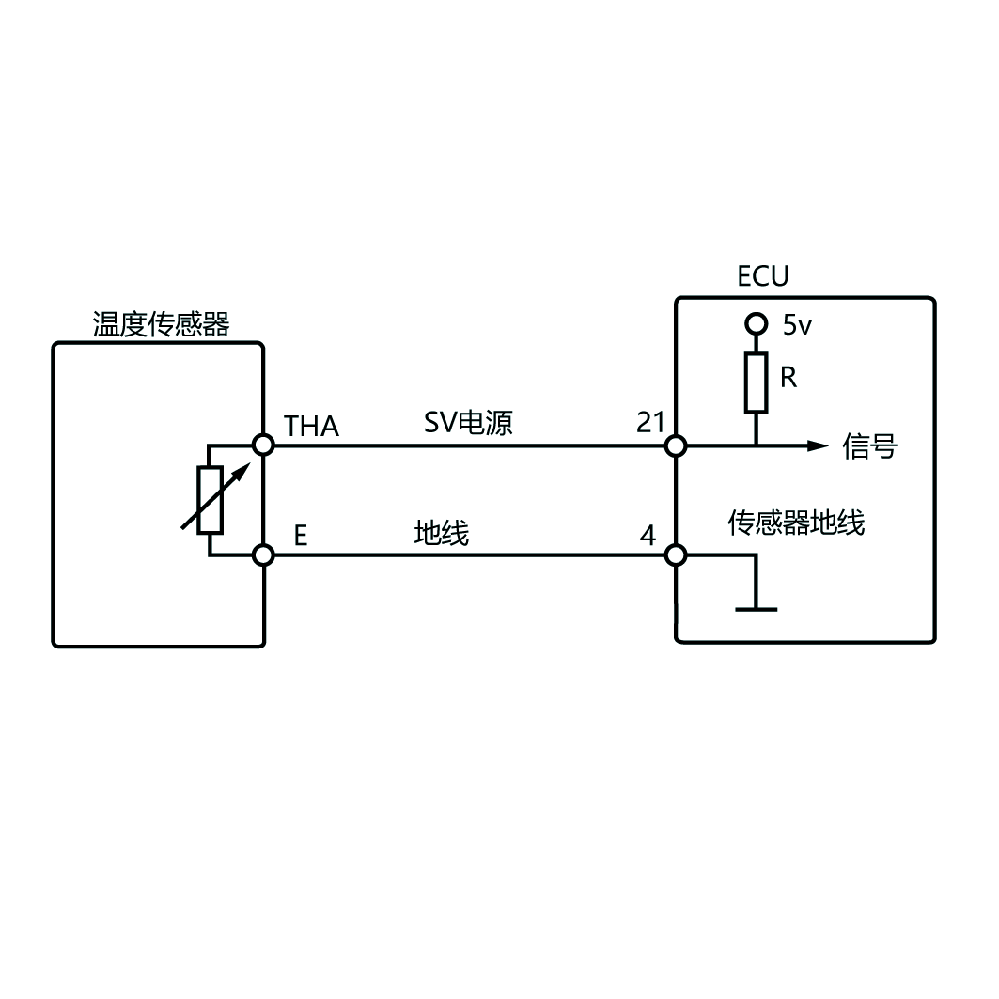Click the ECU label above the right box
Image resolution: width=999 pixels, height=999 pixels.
[762, 276]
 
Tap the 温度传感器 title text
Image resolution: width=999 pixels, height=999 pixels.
[161, 325]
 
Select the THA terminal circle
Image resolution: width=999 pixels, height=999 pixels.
[264, 445]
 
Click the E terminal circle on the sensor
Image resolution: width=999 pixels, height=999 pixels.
[264, 554]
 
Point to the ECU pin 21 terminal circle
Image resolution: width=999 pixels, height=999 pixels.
[676, 445]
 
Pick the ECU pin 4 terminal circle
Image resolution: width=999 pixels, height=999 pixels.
[676, 554]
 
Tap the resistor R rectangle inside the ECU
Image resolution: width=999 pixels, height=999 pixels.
[756, 382]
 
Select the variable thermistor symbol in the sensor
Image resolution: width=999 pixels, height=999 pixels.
[210, 500]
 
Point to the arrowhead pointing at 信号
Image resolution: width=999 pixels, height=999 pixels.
[818, 445]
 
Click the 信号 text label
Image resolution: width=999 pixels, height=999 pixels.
[869, 446]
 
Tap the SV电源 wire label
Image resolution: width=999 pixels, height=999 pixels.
[468, 423]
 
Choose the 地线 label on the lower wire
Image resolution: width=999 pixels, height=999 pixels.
[441, 534]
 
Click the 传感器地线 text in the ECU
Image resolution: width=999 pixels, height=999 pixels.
[796, 523]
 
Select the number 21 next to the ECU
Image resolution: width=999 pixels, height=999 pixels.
[650, 423]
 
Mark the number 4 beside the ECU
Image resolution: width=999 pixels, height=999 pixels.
[648, 537]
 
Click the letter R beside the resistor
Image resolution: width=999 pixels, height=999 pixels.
[788, 378]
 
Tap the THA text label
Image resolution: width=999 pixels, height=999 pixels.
[311, 427]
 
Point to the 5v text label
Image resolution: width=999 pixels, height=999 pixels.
[796, 325]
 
